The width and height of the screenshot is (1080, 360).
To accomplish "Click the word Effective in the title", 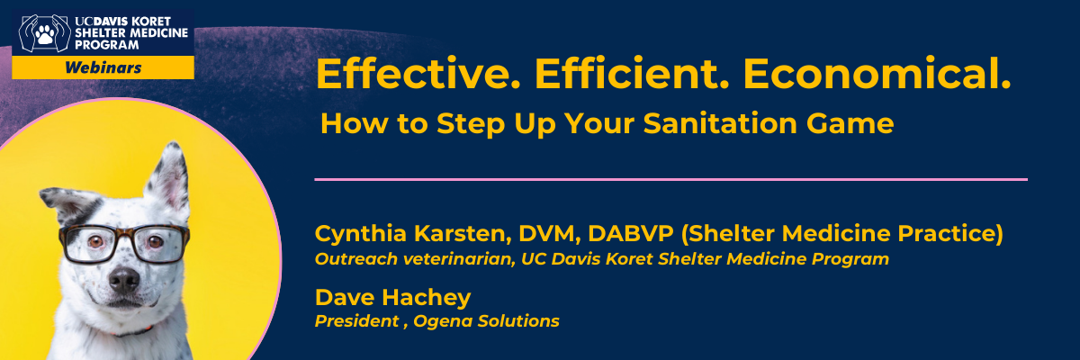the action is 418,74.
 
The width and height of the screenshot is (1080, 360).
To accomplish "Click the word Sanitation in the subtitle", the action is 720,123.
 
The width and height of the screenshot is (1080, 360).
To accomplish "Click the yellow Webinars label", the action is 103,67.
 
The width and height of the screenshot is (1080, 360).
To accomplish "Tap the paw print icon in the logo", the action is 45,34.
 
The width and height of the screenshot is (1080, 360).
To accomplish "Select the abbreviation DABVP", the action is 630,233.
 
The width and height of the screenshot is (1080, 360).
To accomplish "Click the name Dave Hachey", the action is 392,297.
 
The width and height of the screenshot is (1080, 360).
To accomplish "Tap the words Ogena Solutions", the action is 487,321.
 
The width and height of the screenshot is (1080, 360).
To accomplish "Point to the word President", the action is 356,321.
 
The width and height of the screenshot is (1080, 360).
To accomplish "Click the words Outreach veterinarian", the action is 415,259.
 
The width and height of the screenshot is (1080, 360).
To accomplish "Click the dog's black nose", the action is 124,279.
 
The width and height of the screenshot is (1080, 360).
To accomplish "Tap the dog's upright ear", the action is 169,177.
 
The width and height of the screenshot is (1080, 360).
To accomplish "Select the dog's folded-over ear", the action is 67,202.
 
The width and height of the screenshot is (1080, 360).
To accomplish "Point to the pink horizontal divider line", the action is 670,180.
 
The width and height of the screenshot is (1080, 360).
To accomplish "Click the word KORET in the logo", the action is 151,22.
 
